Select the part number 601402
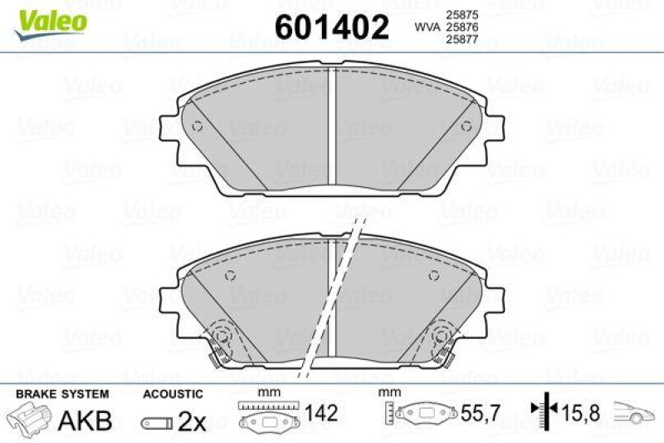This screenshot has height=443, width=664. coord(332,28)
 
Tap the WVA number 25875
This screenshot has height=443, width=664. coord(462,14)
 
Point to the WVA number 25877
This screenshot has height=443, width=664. coord(462,40)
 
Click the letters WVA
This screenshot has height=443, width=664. coord(427,27)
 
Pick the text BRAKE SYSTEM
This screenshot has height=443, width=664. coord(62,393)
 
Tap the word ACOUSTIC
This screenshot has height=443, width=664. coord(173,393)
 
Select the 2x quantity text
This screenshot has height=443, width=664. coord(192,422)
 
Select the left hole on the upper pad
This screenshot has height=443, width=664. coord(197,126)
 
